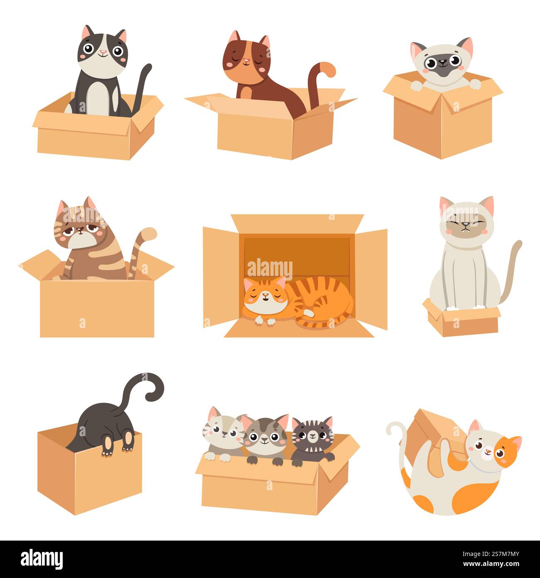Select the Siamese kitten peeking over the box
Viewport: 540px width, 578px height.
point(443,62)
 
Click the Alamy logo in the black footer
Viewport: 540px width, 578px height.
point(42,558)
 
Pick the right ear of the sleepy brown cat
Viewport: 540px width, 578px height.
point(264,42)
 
